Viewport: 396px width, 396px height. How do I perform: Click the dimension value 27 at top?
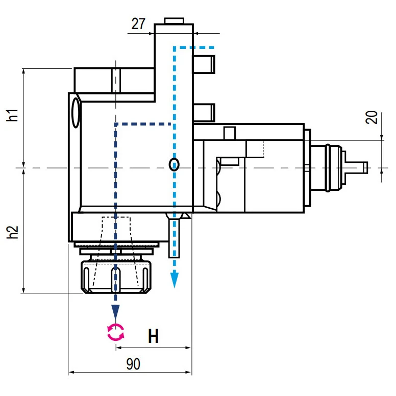coord(138,24)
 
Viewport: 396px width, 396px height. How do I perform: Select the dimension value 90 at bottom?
coord(133,364)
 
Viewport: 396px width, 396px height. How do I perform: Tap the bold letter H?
coord(153,336)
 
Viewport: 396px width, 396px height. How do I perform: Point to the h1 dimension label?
coord(13,115)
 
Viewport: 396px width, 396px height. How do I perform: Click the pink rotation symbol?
coord(116,332)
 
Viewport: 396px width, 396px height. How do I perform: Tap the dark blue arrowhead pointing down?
coord(116,311)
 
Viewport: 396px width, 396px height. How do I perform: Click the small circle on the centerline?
coord(175,164)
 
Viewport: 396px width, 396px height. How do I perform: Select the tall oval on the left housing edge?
coord(76,113)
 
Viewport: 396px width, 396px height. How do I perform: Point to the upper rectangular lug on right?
coord(204,64)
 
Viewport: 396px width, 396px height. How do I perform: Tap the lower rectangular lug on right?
coord(204,112)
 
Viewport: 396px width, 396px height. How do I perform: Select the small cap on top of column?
coord(174,20)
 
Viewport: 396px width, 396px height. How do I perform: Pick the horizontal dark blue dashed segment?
coord(143,123)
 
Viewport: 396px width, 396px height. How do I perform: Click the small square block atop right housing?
coord(229,133)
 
